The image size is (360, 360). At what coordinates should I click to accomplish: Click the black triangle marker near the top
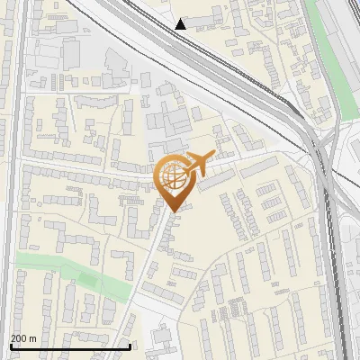(181, 24)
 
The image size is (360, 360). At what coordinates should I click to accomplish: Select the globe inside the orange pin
(174, 177)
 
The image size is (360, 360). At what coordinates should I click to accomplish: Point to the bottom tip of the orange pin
(174, 211)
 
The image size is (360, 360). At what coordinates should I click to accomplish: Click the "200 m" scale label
(23, 338)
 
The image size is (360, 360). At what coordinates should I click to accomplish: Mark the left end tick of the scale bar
(11, 345)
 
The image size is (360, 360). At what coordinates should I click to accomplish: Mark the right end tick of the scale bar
(130, 345)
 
